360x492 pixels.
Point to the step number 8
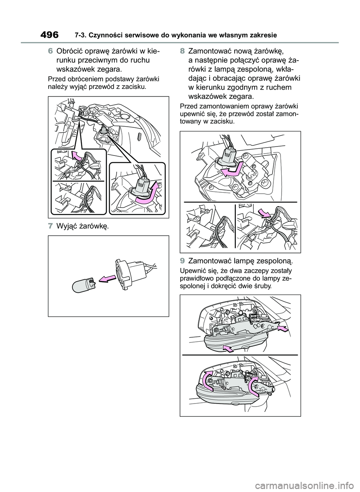(x=183, y=51)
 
